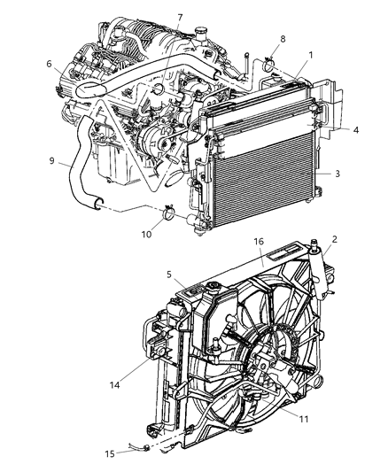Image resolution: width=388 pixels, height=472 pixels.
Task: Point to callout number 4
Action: pyautogui.click(x=355, y=129)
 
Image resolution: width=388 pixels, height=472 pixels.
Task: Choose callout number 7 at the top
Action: pyautogui.click(x=179, y=18)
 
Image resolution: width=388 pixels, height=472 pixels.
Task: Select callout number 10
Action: pyautogui.click(x=146, y=234)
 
